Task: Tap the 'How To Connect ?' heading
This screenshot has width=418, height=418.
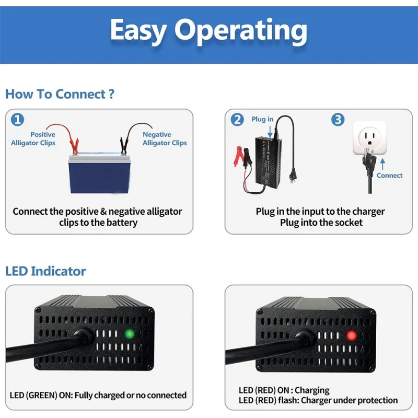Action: pos(60,94)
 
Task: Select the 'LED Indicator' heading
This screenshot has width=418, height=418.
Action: pos(45,271)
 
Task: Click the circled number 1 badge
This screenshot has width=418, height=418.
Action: pos(18,120)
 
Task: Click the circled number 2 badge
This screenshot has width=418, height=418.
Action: pos(238,120)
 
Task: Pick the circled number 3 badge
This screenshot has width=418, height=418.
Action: pos(338,120)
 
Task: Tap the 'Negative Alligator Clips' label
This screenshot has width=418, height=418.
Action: pos(164,138)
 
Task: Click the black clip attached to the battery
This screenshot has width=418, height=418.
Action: pos(124,145)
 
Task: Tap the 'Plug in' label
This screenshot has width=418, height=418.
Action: pos(262,120)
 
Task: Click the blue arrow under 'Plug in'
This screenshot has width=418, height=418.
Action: pos(270,132)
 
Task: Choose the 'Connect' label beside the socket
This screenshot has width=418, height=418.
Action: pos(389,176)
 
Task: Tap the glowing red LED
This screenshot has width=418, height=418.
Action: pos(351,335)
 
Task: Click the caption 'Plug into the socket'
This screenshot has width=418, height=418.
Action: pos(320,223)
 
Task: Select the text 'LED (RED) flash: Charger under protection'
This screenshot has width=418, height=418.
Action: pos(318,401)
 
